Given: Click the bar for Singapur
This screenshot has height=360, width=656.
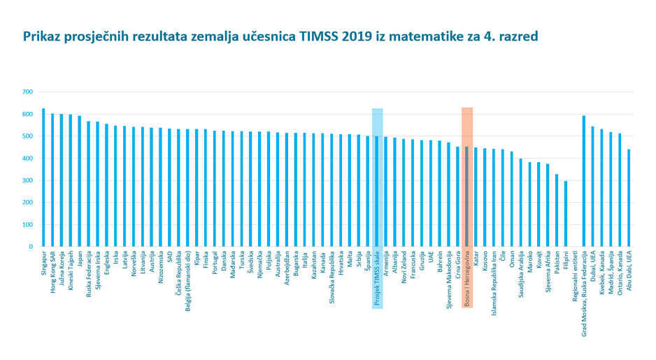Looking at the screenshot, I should pos(43,178).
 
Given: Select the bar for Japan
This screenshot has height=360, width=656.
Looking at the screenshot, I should pos(79,181).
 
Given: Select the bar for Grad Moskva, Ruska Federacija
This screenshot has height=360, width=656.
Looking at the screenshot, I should pos(584,181).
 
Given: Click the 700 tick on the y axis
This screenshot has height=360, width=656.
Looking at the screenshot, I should pos(27,92).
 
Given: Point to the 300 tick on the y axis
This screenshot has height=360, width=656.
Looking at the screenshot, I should pos(27,180).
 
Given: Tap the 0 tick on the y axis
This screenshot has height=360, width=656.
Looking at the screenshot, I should pos(31,247).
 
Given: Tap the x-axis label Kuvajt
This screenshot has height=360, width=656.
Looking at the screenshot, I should pos(539,263).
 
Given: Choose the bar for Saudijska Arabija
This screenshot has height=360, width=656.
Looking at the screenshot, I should pos(521,203).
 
